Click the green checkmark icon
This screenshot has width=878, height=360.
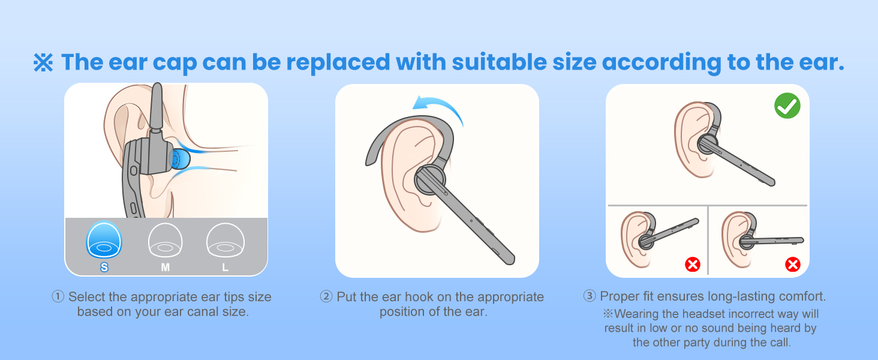(787, 107)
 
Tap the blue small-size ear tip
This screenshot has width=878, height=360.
(104, 240)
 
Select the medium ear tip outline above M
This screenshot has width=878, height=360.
(165, 241)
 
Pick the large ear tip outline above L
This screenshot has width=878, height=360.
(225, 241)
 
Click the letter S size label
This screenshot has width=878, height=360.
(104, 268)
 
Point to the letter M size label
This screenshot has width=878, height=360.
(165, 268)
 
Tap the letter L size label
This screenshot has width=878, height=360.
(225, 268)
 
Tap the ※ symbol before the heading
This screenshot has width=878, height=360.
(43, 63)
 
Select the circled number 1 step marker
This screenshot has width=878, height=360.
(58, 297)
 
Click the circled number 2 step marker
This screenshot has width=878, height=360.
(326, 297)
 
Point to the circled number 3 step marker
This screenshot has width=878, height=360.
(590, 296)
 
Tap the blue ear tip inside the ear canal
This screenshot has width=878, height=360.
(179, 159)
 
